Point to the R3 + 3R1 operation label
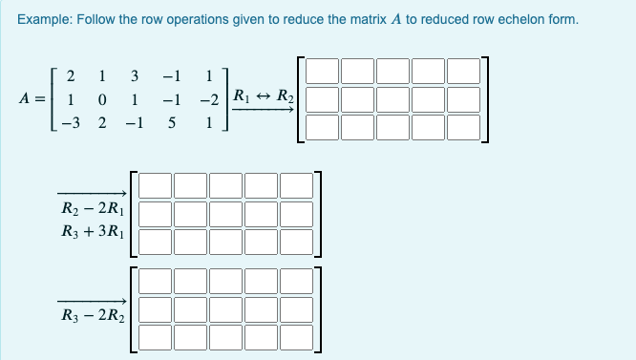[93, 232]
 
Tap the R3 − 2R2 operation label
[93, 313]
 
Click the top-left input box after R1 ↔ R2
[322, 73]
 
